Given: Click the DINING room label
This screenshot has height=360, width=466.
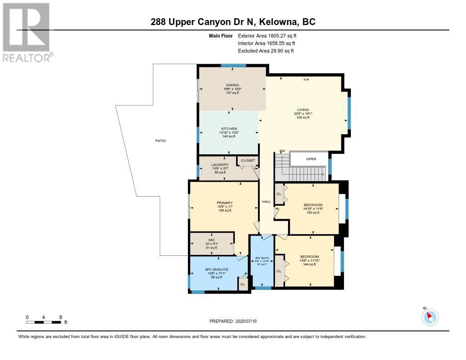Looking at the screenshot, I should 233,85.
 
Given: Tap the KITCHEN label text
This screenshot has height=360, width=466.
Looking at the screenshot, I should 229,129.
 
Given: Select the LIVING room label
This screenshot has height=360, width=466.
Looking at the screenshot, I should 303,110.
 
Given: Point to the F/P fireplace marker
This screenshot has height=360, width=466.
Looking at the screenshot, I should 306,80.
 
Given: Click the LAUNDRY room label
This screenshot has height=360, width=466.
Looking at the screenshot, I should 217,165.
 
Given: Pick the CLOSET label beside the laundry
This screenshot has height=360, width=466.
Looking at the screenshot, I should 248,161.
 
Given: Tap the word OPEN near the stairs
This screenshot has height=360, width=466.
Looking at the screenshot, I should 311,159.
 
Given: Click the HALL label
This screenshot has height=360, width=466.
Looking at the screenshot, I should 266,202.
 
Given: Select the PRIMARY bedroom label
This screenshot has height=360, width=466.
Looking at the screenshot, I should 224,203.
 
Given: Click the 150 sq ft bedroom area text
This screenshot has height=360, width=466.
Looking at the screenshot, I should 313,213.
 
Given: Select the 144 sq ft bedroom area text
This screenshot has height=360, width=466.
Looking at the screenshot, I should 309,264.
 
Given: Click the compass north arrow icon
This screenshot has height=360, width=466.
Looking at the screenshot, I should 430,317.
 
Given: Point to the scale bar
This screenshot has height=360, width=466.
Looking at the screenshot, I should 44,322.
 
